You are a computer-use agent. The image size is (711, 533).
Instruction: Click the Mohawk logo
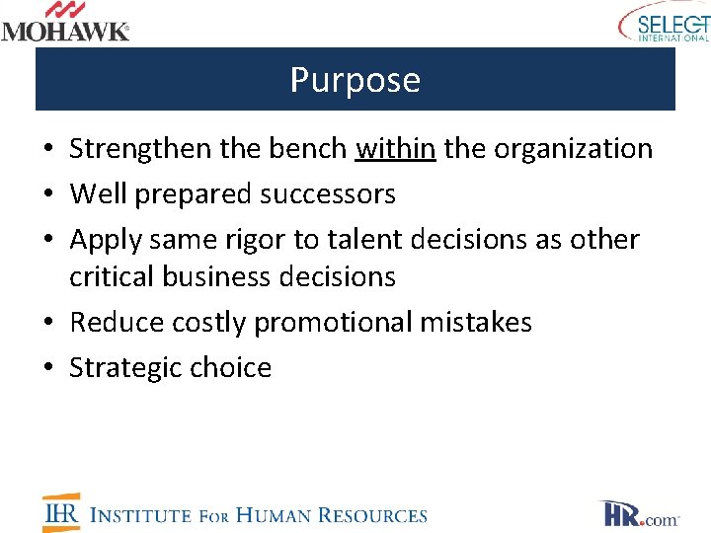point(65,22)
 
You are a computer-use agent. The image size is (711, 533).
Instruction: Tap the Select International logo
point(665,22)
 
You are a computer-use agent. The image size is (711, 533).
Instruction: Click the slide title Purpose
point(355,80)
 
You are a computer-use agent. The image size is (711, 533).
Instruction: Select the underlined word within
point(395,149)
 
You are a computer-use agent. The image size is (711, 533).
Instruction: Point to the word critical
point(108,277)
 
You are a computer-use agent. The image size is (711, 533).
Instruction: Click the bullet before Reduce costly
point(48,324)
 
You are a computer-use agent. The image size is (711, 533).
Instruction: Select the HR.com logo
point(638,514)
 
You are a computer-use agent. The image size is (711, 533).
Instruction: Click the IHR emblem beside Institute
point(61,512)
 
